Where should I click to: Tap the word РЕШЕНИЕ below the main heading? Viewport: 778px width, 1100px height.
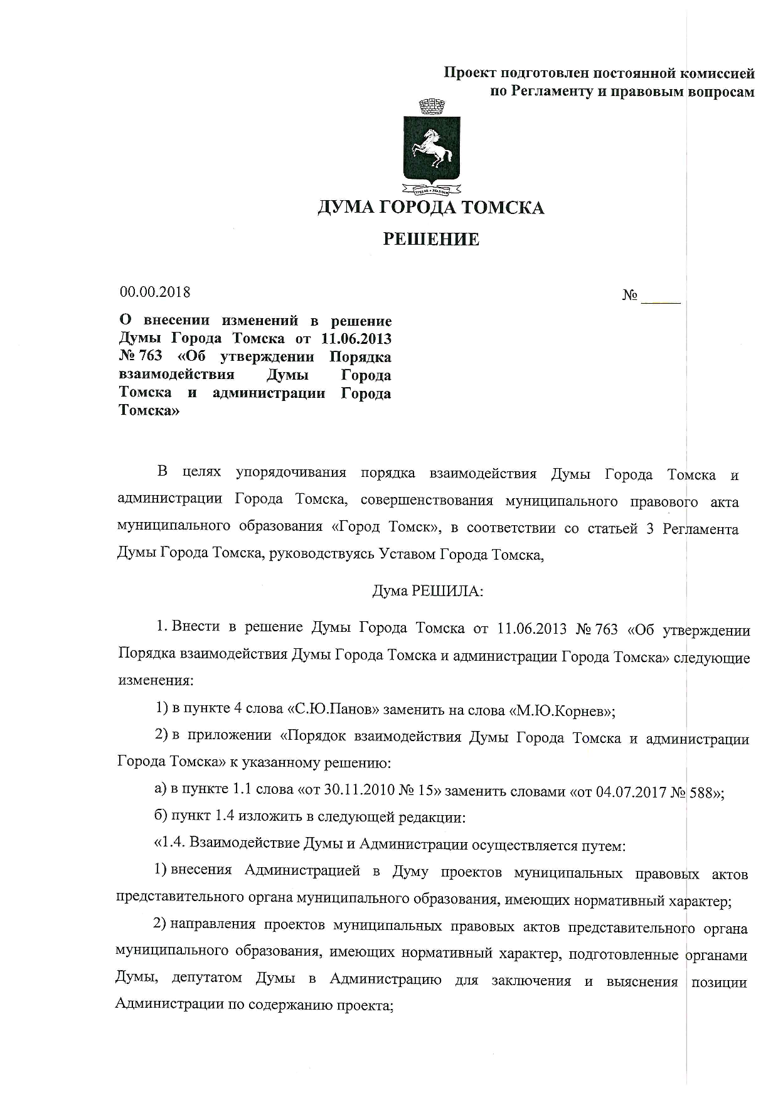coord(431,239)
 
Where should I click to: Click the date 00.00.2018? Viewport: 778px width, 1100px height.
coord(154,292)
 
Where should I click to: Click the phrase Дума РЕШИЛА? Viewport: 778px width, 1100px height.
coord(427,591)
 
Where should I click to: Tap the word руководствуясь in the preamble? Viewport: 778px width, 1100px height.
coord(319,555)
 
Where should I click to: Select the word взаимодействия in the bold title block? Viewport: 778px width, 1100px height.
coord(176,375)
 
